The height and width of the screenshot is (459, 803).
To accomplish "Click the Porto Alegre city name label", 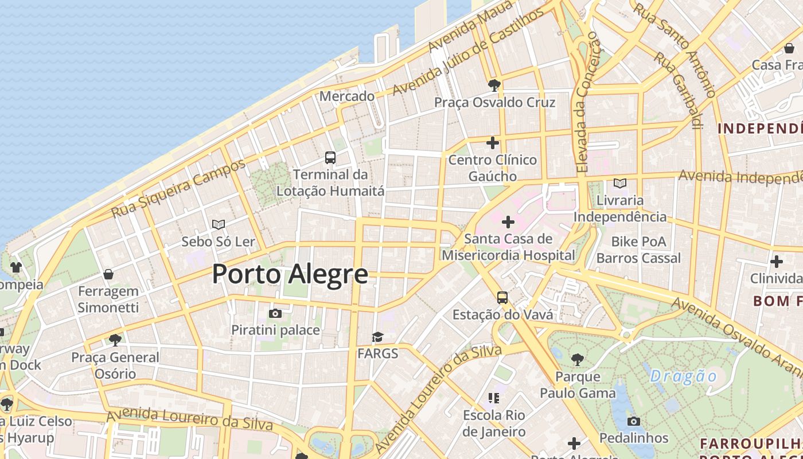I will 290,274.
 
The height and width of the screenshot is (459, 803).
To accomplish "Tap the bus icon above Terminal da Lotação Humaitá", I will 330,157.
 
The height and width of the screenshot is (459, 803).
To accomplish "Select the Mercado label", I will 347,96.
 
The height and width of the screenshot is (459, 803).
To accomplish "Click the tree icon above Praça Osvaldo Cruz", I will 494,86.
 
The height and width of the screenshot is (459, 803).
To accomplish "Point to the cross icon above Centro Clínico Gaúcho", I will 492,143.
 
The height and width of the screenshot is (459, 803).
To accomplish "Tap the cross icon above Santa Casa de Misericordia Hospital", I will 508,221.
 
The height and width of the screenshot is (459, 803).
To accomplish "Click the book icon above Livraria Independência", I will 619,184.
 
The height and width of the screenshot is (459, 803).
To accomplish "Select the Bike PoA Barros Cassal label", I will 638,250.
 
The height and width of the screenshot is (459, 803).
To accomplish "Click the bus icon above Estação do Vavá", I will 502,297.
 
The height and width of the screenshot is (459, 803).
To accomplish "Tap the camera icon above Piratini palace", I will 275,313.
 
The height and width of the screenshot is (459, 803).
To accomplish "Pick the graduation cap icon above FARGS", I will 377,337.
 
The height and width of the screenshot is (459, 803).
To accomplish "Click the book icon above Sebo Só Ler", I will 218,224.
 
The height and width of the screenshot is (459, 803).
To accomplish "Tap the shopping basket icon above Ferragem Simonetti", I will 108,274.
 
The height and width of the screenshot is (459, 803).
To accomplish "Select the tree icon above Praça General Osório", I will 115,340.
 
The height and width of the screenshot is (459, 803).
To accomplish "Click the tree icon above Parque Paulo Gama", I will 578,360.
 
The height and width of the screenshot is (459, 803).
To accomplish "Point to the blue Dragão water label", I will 684,376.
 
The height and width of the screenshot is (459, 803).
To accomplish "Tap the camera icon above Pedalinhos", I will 633,421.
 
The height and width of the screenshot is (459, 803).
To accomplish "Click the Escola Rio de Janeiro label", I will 494,423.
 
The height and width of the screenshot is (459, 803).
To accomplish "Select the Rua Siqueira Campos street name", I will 178,189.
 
